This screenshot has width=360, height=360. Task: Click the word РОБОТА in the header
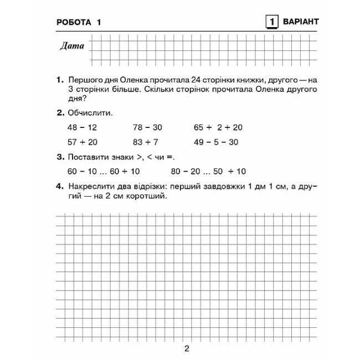click(73, 22)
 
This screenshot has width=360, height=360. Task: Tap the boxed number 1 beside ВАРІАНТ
click(271, 22)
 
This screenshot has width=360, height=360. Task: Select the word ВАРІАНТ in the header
click(300, 22)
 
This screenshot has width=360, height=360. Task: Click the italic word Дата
click(72, 46)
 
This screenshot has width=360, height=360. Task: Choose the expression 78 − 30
click(147, 127)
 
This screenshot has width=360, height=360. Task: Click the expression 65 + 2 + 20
click(218, 127)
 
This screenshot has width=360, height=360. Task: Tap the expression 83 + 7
click(146, 142)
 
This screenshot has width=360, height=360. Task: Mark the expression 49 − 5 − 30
click(216, 142)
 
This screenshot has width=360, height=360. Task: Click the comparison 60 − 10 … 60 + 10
click(104, 171)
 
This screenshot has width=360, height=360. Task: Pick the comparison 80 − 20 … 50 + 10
click(208, 171)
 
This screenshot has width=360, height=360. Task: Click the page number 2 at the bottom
click(187, 348)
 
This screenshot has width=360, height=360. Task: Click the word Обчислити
click(90, 113)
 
